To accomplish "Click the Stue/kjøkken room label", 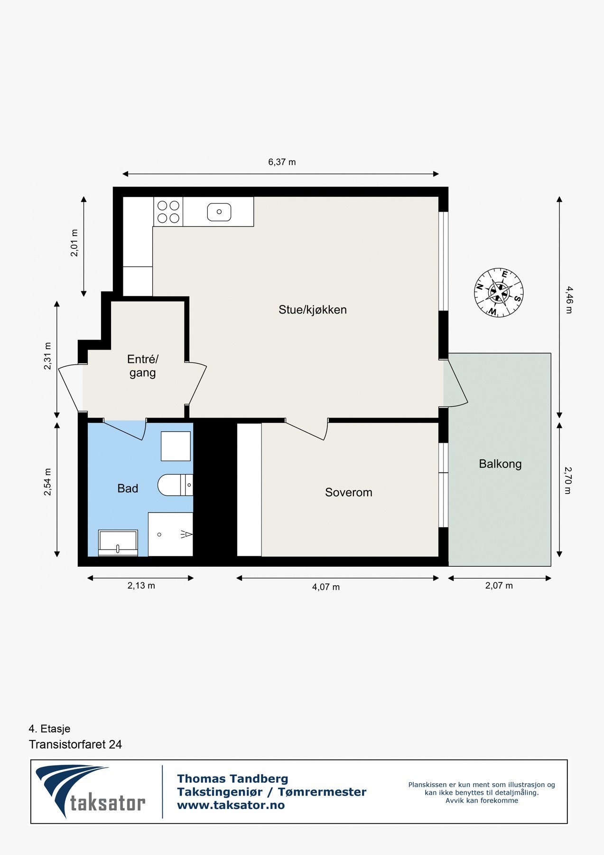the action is point(313,310).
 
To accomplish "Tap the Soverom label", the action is point(349,493).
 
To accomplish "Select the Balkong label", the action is point(500,464).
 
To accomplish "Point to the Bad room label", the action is point(128,488).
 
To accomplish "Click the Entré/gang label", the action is point(143,366).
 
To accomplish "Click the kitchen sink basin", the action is point(219,212).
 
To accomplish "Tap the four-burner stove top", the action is point(168,212).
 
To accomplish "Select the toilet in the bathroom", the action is point(176,485).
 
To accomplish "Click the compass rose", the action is point(499,293).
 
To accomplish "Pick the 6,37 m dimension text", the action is point(282,162).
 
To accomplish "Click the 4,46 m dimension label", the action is point(569,300).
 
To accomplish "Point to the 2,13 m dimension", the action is point(141,586).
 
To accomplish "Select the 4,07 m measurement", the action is point(326,587).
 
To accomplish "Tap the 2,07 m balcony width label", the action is point(499,586).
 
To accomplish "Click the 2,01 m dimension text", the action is point(74,243).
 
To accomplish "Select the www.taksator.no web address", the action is point(231,805).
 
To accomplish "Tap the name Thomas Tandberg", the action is point(232,779).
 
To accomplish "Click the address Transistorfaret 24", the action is point(75,744).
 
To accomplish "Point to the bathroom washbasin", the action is point(118,543).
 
